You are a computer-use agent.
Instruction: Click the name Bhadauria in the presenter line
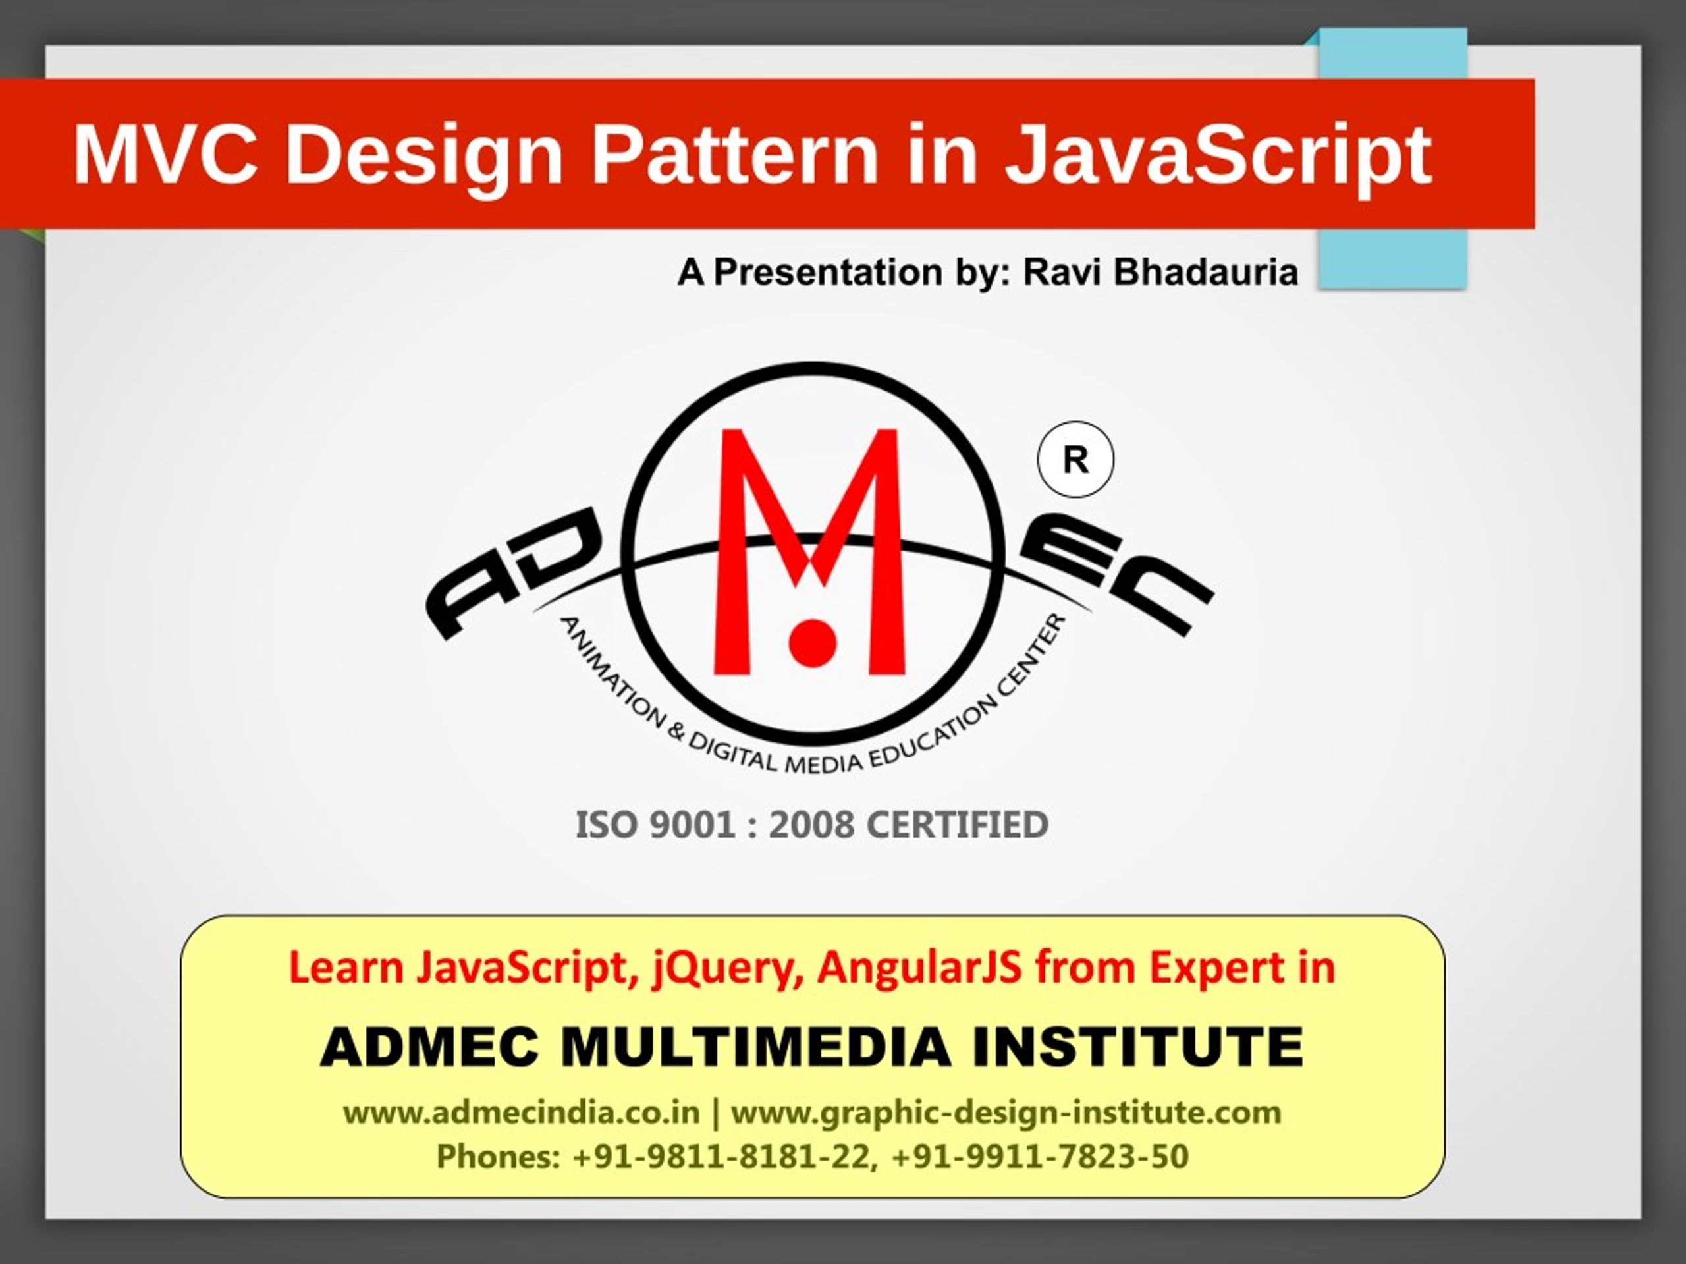click(x=1206, y=272)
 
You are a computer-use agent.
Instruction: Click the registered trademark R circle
click(x=1075, y=460)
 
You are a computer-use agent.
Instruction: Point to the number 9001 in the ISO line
click(x=692, y=825)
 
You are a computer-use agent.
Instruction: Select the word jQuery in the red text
click(x=727, y=969)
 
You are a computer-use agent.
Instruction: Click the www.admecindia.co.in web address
click(x=522, y=1113)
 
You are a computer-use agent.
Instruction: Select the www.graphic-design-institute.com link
click(x=1006, y=1113)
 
